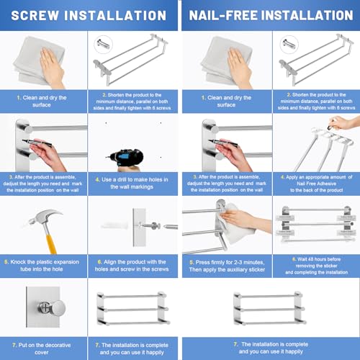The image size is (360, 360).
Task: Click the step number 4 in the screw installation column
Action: (x=99, y=178)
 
